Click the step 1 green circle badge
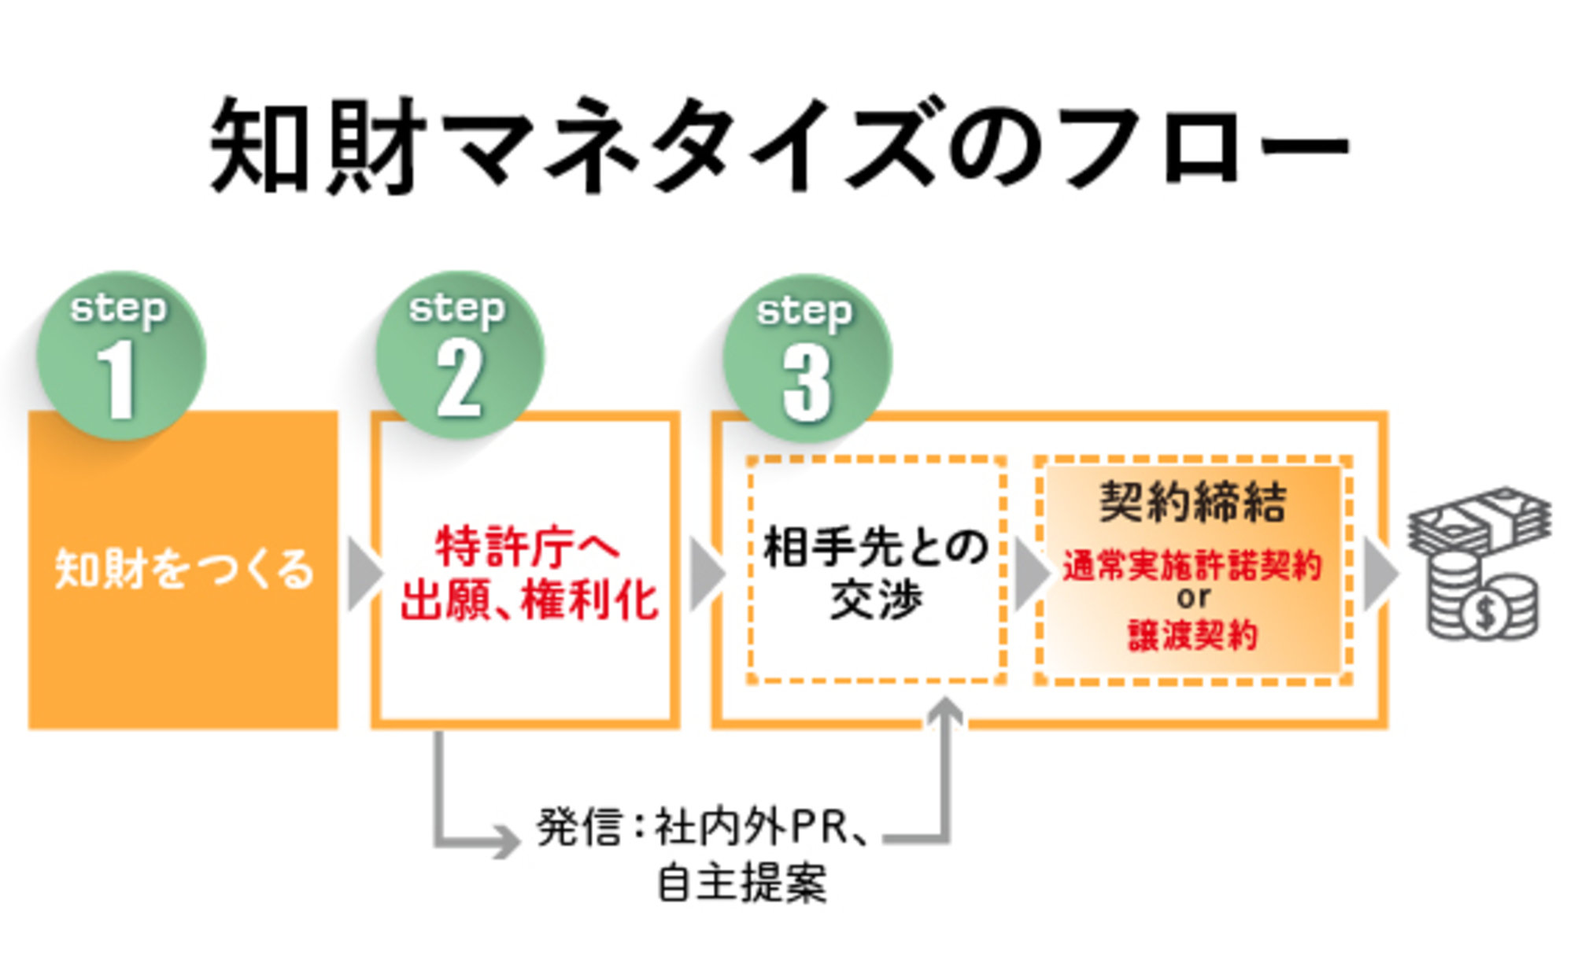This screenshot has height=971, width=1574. tap(120, 356)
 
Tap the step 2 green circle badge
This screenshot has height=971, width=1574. tap(460, 356)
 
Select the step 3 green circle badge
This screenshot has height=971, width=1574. tap(807, 358)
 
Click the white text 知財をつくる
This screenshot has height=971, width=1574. tap(183, 569)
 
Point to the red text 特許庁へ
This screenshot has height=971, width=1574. tap(527, 546)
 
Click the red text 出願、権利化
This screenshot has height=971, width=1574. tap(528, 601)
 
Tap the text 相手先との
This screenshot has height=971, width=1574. tap(875, 547)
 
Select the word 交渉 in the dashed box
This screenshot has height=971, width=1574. tap(875, 601)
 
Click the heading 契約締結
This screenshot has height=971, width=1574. tap(1192, 501)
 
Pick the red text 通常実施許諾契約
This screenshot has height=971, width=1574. tap(1192, 566)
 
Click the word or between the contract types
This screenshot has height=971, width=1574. tap(1192, 598)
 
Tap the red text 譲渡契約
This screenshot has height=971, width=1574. tap(1192, 634)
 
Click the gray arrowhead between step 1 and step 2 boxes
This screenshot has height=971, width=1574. tap(364, 574)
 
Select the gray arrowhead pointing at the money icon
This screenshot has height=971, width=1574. tap(1379, 574)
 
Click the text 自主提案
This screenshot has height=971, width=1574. tap(741, 883)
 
